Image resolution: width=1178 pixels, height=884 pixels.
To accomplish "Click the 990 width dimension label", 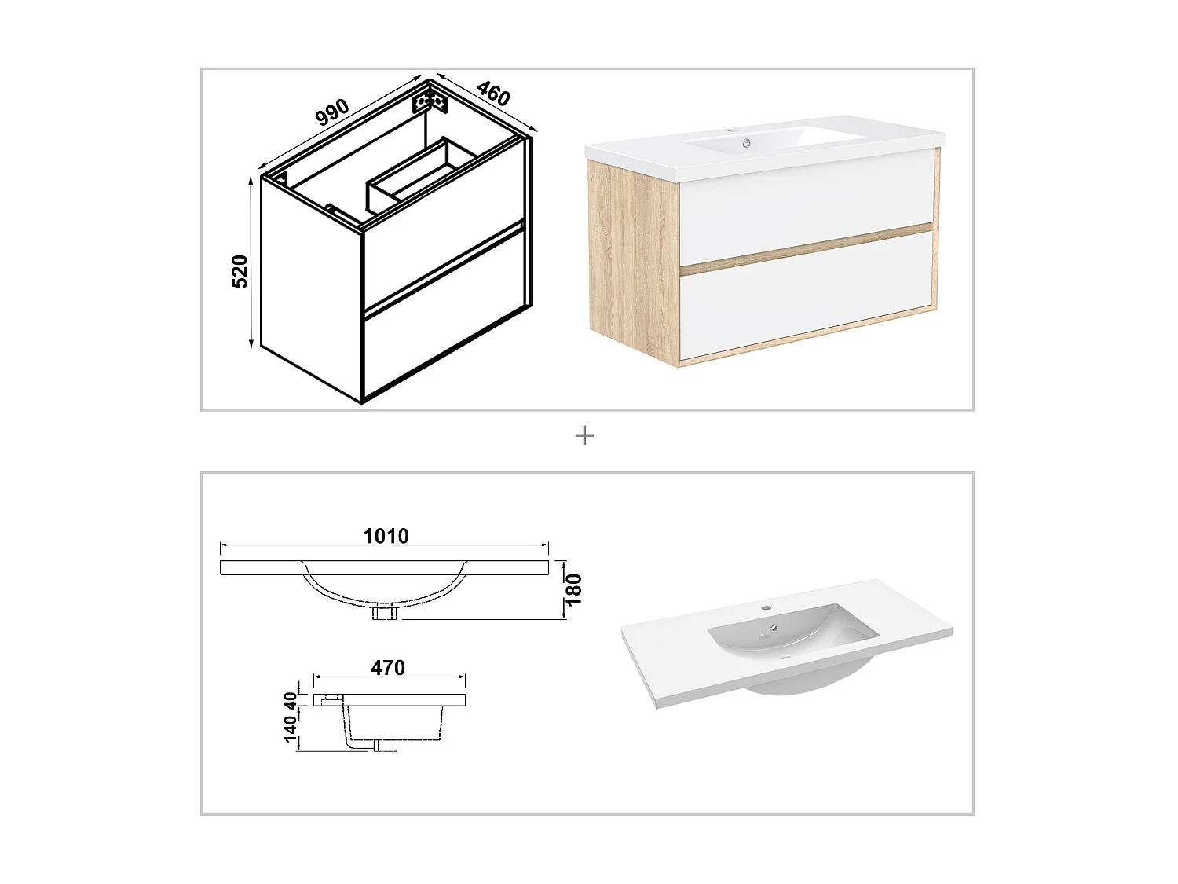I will coord(331,113).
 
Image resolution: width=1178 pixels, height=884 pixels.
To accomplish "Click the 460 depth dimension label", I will coord(493,94).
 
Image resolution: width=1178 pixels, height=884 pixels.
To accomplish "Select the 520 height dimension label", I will coord(240,271).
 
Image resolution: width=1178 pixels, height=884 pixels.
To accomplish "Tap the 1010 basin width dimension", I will coord(386,536).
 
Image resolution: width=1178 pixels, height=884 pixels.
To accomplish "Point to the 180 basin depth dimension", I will coord(574,589).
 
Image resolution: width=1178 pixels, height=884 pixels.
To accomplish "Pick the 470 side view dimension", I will coord(388,668).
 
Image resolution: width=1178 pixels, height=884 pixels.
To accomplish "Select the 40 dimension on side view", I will coord(291,699).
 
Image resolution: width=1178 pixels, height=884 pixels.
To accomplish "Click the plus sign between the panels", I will coord(584,435).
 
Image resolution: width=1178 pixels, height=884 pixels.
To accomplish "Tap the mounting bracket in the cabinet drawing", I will coord(430,102).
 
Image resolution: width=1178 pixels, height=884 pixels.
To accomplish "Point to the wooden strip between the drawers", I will coord(805,249).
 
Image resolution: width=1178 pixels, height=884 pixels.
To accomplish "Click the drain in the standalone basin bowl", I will coord(774,628).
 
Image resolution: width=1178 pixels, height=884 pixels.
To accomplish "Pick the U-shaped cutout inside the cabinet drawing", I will coord(420,174).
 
